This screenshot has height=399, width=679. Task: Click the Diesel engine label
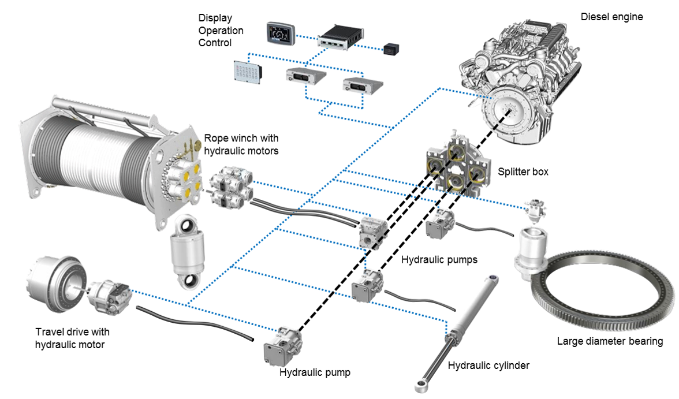[611, 17]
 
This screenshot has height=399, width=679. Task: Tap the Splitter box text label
[523, 171]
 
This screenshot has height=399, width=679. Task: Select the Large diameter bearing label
[610, 341]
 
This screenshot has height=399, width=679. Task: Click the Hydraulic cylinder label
[488, 365]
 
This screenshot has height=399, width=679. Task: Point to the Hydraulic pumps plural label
[439, 260]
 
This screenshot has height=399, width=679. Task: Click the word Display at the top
[215, 18]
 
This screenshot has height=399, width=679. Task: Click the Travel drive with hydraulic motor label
[72, 338]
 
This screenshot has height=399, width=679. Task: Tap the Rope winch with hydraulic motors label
[241, 144]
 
